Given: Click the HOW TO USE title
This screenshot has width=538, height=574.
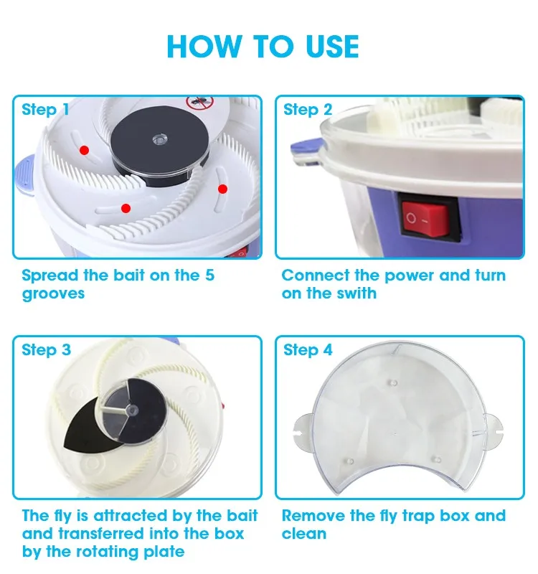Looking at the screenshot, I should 263,47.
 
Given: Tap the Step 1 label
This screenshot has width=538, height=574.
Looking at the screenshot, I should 45,110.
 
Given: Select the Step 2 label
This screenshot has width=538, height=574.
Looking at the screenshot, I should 308,110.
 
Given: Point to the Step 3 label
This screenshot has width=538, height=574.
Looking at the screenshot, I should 46,350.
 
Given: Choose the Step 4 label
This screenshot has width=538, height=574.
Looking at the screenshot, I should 308,350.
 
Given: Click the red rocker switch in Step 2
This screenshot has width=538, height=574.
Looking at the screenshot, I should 429,216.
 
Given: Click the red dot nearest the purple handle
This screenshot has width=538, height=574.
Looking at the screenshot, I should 84,150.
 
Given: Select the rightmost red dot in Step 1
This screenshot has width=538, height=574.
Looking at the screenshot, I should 222,189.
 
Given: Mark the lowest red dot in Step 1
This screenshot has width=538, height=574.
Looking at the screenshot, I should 126,208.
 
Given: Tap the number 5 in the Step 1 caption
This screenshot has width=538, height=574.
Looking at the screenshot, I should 209,276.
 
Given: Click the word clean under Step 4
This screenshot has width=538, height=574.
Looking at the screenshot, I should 304,534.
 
